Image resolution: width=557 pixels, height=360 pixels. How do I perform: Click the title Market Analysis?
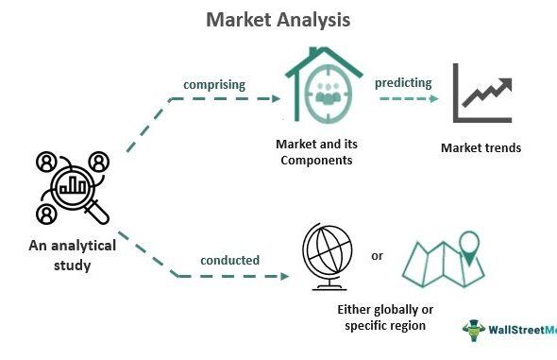pyautogui.click(x=278, y=20)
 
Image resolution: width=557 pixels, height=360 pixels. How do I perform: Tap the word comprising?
pyautogui.click(x=214, y=85)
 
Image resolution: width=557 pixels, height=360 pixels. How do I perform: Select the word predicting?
pyautogui.click(x=403, y=83)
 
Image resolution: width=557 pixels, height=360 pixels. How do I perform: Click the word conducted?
pyautogui.click(x=229, y=260)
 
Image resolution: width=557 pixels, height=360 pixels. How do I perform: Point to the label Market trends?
pyautogui.click(x=481, y=147)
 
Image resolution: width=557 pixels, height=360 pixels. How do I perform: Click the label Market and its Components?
pyautogui.click(x=316, y=152)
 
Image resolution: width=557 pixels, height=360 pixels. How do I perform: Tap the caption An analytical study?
pyautogui.click(x=73, y=255)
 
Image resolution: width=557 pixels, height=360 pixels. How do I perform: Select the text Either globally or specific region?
pyautogui.click(x=385, y=317)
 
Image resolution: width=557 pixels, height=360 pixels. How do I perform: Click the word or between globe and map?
pyautogui.click(x=377, y=256)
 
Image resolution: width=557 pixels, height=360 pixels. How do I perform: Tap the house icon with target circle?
pyautogui.click(x=324, y=85)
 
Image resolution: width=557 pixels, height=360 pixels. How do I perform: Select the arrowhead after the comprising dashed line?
pyautogui.click(x=276, y=99)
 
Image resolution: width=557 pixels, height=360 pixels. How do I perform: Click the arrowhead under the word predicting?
pyautogui.click(x=434, y=99)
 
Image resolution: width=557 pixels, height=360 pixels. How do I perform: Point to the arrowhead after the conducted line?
pyautogui.click(x=285, y=276)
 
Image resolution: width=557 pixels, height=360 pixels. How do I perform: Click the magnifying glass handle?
pyautogui.click(x=97, y=212)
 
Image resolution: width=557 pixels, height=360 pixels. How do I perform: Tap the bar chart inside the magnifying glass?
pyautogui.click(x=73, y=185)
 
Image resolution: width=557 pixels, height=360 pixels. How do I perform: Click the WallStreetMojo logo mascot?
pyautogui.click(x=474, y=330)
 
